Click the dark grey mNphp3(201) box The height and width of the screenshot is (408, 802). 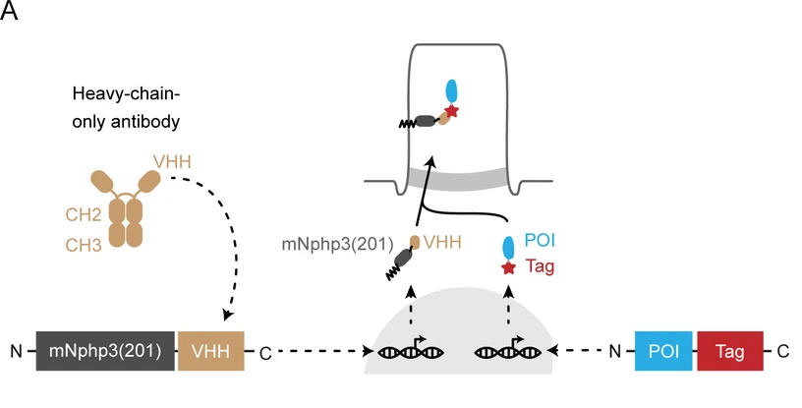pos(104,349)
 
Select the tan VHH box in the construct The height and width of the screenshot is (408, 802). pos(210,349)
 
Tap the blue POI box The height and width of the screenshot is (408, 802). pos(664,349)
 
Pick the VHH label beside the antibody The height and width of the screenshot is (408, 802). pos(168,161)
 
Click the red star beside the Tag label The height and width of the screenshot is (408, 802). pos(508,268)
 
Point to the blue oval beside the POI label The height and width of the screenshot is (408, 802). pos(508,246)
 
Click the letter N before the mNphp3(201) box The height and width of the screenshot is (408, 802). pos(16,350)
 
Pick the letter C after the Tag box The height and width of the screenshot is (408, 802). pos(782,350)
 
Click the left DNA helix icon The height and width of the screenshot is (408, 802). pos(403,350)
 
